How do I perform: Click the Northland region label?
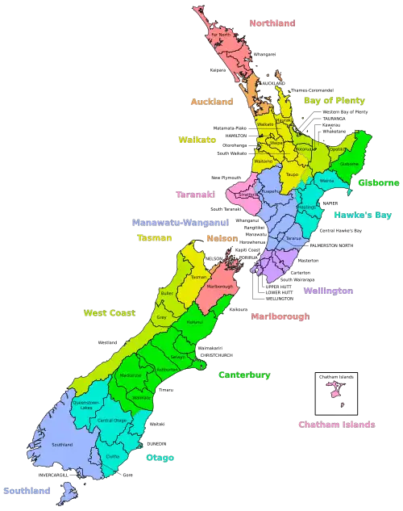[x=272, y=24]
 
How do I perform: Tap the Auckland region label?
[x=211, y=103]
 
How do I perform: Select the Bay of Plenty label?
[x=334, y=101]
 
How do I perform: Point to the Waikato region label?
[x=197, y=140]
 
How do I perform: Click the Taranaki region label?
[x=195, y=195]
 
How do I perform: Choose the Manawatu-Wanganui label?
[x=179, y=221]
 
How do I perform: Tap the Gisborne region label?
[x=379, y=182]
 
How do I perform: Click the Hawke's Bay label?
[x=363, y=215]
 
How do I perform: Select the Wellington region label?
[x=328, y=290]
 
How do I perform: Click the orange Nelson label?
[x=222, y=239]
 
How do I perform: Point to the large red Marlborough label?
[x=280, y=316]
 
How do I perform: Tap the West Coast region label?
[x=109, y=312]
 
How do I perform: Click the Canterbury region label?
[x=244, y=375]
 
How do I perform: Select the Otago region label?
[x=160, y=458]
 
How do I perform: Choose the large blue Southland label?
[x=27, y=491]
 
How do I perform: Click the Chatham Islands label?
[x=336, y=424]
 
